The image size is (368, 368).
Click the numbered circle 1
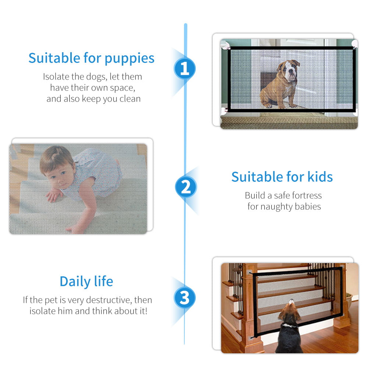point(185,69)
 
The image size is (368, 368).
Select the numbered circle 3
point(185,297)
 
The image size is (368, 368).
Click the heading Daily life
point(86,282)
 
